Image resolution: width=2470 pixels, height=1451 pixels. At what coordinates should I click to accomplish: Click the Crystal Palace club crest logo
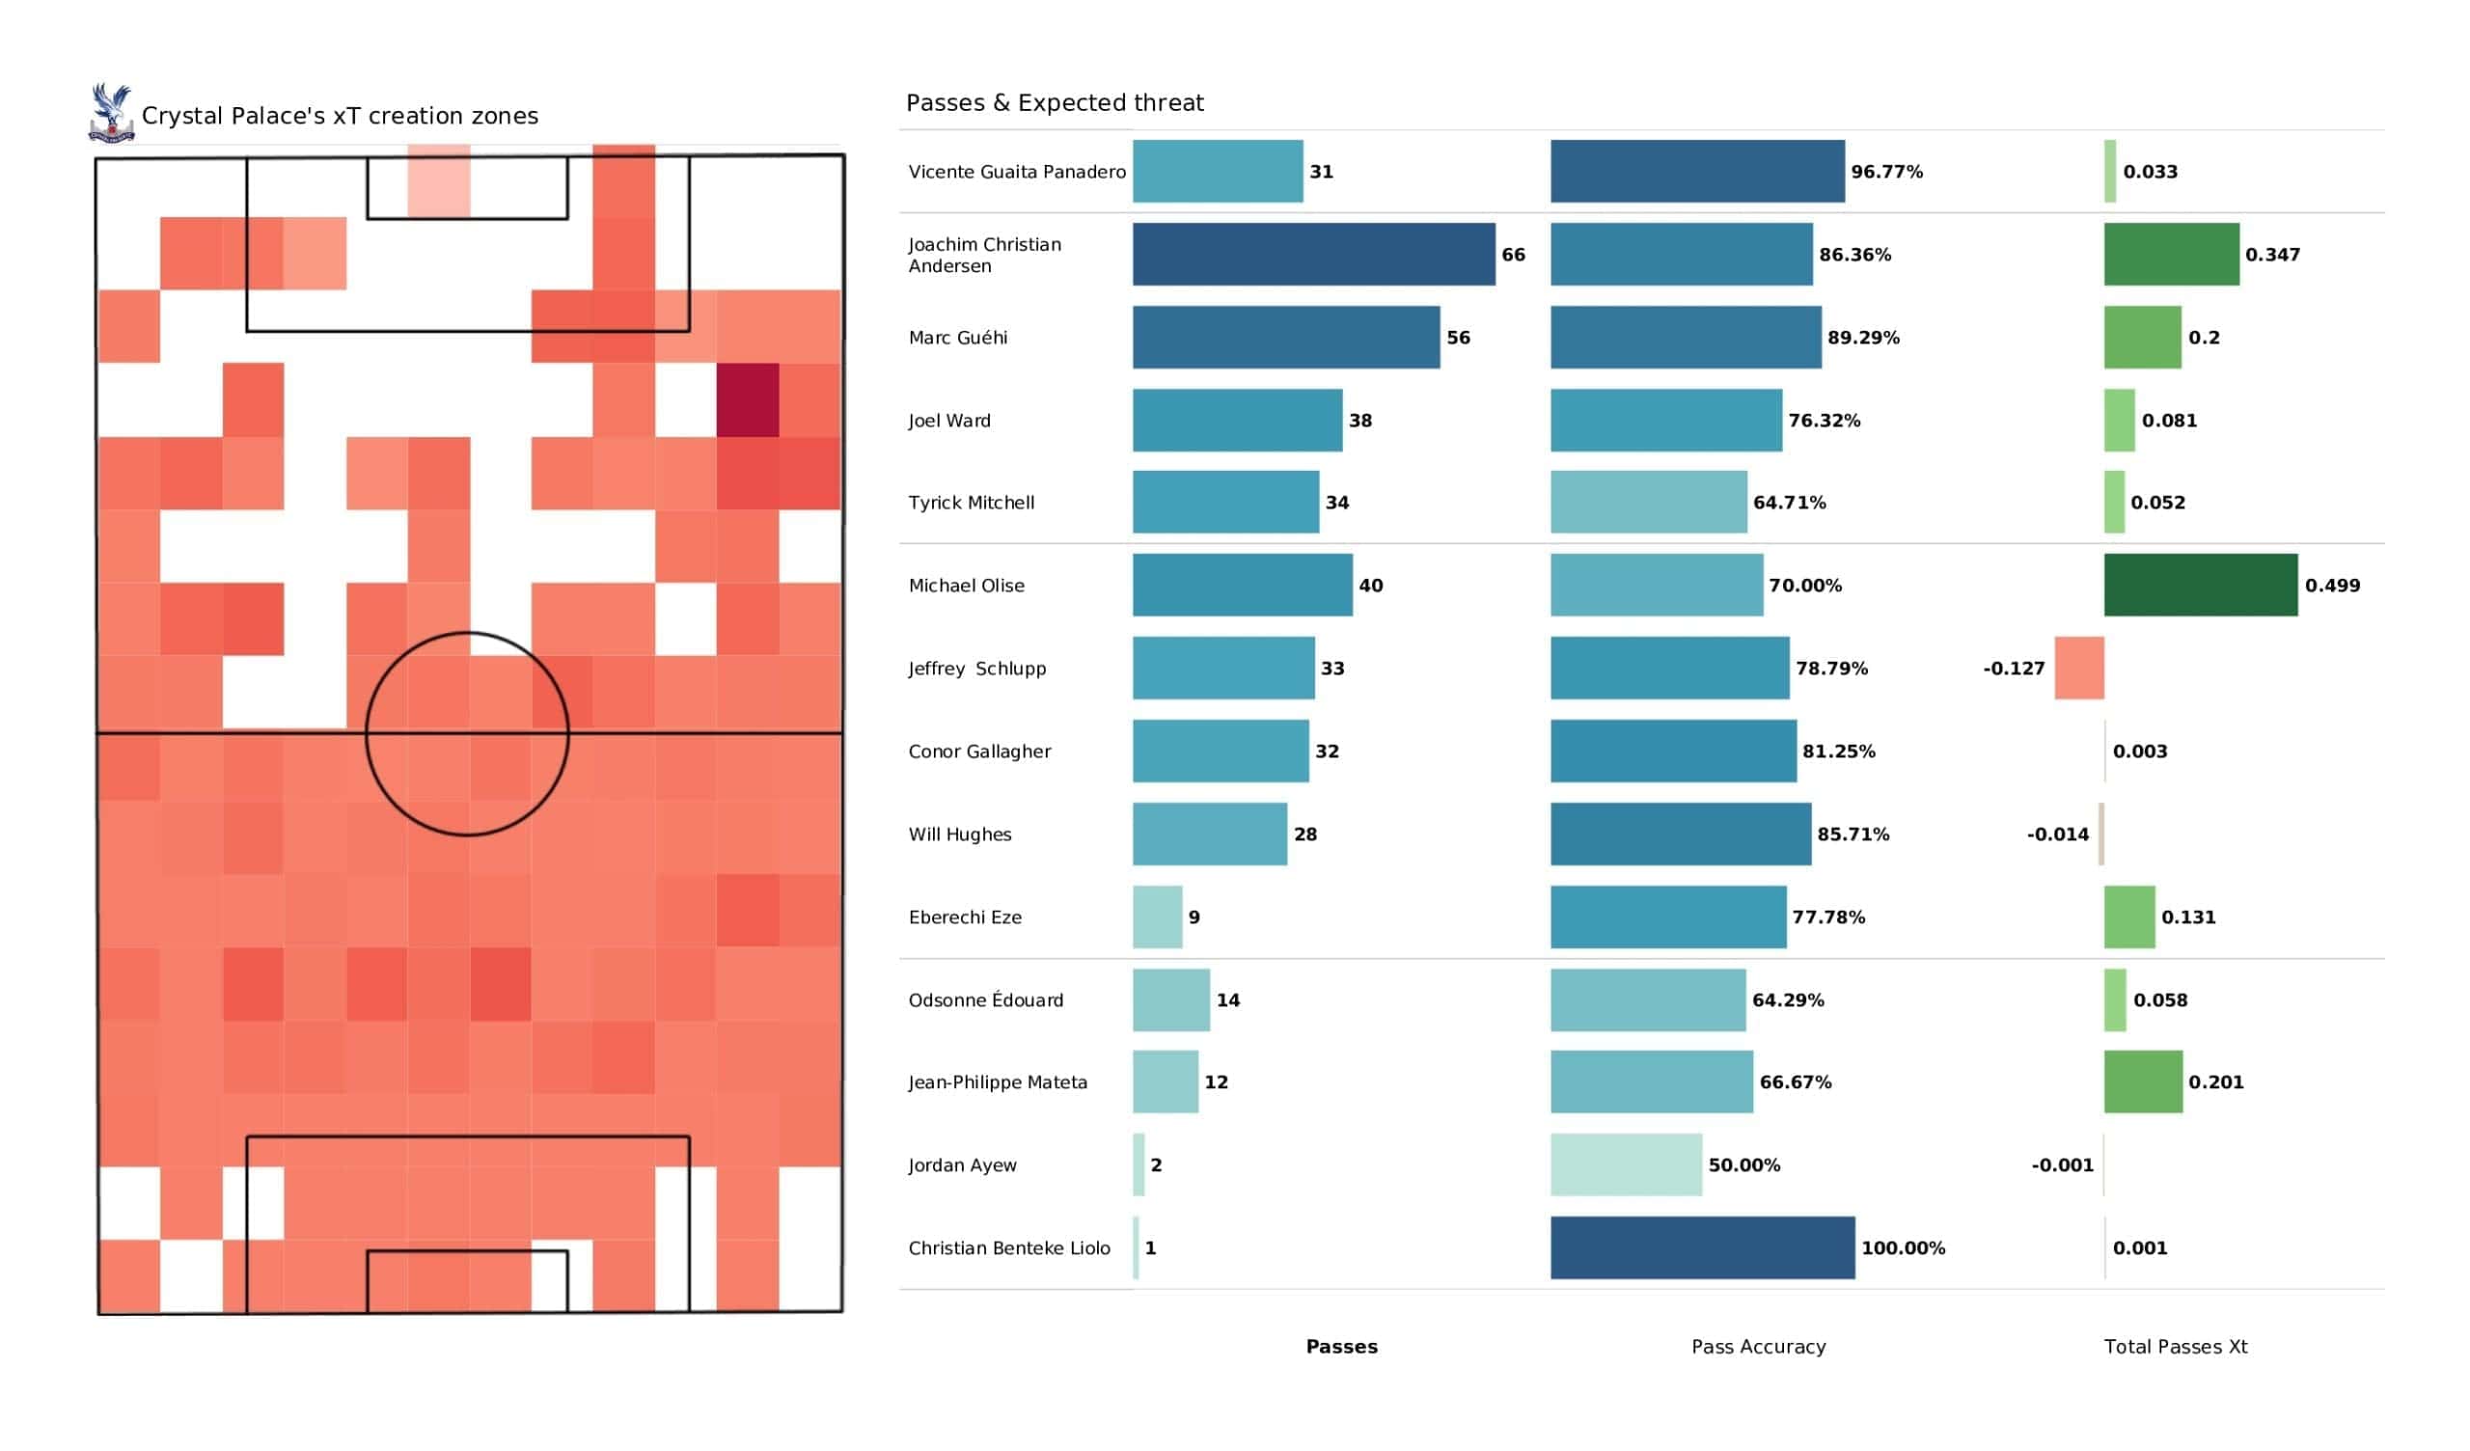pos(112,114)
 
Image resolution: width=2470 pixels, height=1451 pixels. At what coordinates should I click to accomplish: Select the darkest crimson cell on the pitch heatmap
pos(748,400)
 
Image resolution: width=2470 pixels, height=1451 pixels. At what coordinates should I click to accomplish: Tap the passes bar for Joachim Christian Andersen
pos(1313,254)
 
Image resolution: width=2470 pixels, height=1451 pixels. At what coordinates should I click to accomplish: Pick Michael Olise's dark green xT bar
pos(2201,586)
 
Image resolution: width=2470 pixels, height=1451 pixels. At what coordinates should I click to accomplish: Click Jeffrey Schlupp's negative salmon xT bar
pos(2079,668)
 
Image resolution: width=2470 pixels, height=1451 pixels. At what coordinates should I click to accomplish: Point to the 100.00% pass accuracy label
pos(1903,1248)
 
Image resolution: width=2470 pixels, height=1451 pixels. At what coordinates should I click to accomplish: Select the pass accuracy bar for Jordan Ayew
pos(1626,1164)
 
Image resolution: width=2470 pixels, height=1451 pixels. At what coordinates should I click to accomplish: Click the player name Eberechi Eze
pos(965,917)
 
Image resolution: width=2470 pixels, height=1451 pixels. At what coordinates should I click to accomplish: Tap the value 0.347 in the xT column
pos(2272,255)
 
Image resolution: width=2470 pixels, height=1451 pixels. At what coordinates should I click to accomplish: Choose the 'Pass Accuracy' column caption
pos(1758,1347)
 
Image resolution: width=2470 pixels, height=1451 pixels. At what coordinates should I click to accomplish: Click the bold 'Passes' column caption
pos(1341,1347)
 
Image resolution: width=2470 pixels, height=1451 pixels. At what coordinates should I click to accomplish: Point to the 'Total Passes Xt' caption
pos(2175,1347)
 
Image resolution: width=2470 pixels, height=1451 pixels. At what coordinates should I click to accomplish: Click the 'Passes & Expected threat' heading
pos(1055,103)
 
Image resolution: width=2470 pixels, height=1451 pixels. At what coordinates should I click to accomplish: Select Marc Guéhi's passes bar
pos(1286,338)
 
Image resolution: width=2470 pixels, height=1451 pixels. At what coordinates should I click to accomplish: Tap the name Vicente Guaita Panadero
pos(1016,172)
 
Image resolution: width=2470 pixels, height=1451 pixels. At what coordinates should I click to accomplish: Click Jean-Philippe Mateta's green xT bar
pos(2143,1082)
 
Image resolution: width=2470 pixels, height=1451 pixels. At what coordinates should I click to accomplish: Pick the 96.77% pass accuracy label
pos(1886,172)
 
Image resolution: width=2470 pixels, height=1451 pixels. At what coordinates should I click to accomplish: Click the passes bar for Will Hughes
pos(1210,835)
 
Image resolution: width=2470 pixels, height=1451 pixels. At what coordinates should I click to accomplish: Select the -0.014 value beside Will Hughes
pos(2057,835)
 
